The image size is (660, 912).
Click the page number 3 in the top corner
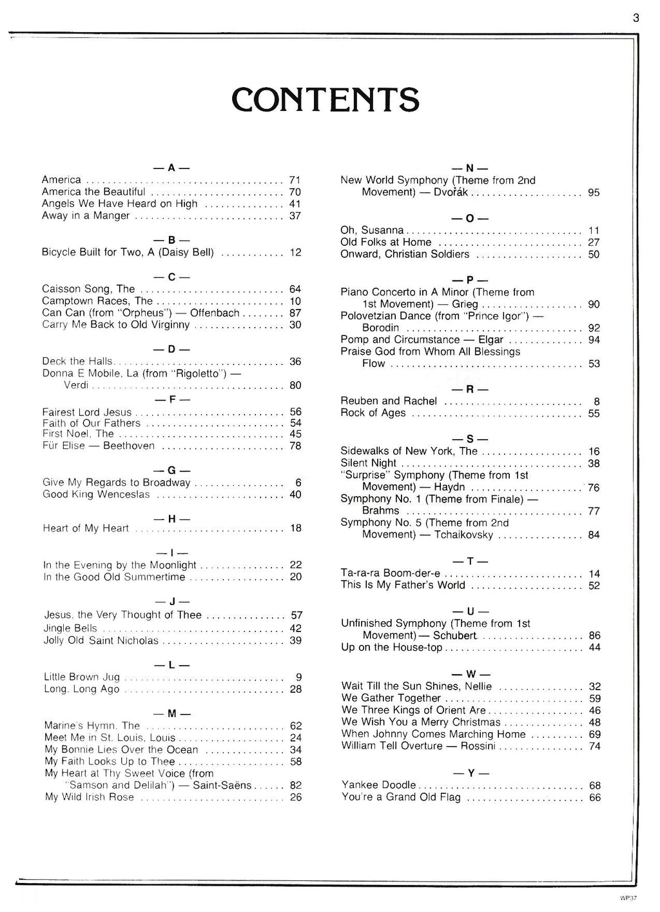636,18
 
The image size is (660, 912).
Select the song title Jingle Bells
70,628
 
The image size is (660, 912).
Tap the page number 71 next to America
295,180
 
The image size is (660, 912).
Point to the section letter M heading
171,714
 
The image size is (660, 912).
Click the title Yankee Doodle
378,785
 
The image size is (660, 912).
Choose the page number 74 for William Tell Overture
594,746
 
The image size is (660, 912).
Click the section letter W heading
470,674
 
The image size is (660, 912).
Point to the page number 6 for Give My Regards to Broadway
298,482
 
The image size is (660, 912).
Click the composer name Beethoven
129,446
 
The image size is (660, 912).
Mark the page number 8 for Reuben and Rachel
597,401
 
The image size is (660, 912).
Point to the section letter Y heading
470,773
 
